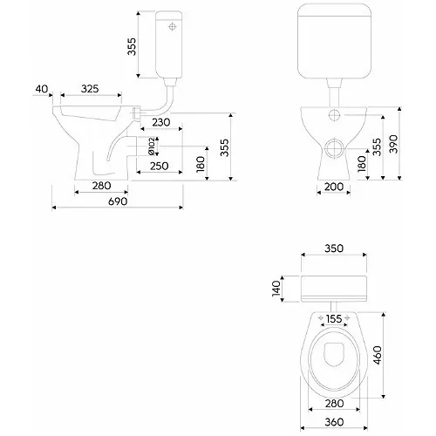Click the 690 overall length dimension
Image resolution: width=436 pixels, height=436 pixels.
[x=118, y=201]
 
